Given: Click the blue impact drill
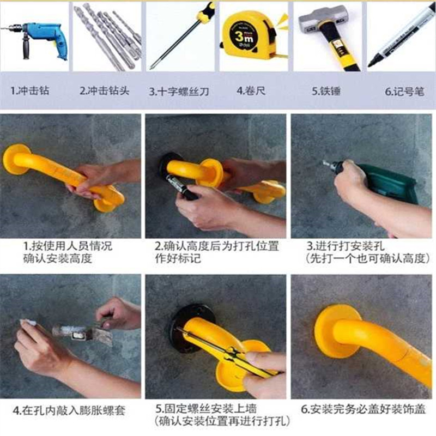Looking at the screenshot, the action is tap(42, 38).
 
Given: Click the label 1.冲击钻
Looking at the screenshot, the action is tap(30, 90).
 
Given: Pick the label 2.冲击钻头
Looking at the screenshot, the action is tap(105, 90).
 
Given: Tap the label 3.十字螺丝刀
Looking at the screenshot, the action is tap(179, 91).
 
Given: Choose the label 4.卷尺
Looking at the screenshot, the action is tap(251, 90).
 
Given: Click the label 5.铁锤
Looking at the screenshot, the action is tap(326, 91).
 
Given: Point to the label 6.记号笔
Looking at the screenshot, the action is tap(404, 91).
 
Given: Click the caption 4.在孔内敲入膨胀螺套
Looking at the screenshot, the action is tap(69, 410).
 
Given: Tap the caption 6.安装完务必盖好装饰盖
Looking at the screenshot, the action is tap(363, 409).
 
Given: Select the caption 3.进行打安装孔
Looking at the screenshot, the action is tap(346, 246).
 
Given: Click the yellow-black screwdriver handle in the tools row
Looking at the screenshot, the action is tap(206, 13).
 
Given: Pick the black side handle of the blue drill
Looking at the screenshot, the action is tap(26, 47).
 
